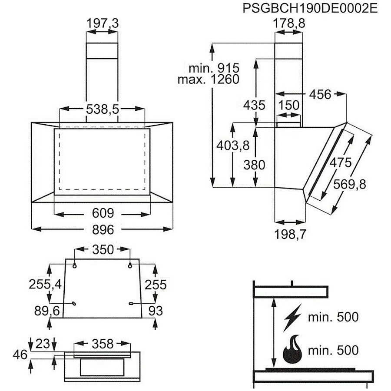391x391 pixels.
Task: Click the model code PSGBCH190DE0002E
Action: (x=310, y=9)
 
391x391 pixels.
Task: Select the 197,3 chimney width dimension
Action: (x=103, y=23)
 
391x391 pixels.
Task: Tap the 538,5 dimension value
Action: (x=103, y=109)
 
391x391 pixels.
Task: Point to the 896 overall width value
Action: (x=103, y=229)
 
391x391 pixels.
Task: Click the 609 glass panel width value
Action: (x=103, y=213)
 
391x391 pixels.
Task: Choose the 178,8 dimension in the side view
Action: (x=289, y=23)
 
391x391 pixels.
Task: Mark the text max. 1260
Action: (x=208, y=80)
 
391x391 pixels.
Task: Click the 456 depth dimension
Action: (x=320, y=95)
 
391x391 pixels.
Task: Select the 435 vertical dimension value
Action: (x=254, y=105)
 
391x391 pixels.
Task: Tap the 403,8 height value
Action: (x=233, y=145)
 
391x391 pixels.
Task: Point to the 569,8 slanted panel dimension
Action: (x=350, y=184)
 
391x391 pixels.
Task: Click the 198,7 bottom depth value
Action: (x=290, y=234)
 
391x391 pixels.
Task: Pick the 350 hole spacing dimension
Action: (x=103, y=250)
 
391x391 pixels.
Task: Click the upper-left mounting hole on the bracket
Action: (x=74, y=266)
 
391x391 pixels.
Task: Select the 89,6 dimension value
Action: (x=47, y=311)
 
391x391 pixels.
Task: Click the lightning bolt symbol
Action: (x=292, y=318)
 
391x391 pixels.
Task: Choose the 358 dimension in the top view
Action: (x=103, y=344)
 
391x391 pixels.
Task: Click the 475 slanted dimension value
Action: (x=340, y=162)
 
